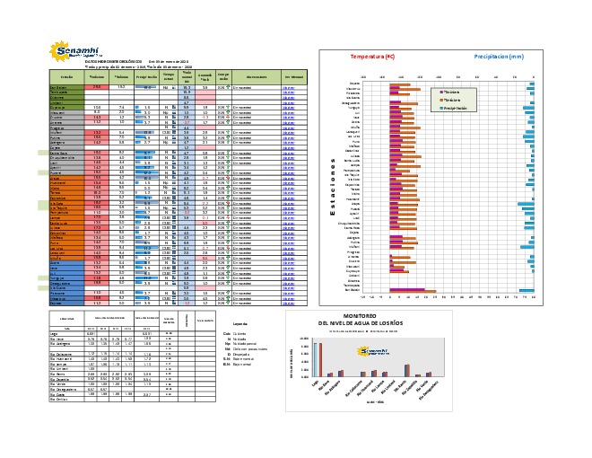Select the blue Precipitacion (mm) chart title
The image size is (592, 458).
click(x=499, y=56)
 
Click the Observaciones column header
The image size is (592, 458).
click(x=257, y=77)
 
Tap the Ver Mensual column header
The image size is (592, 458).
click(x=294, y=77)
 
